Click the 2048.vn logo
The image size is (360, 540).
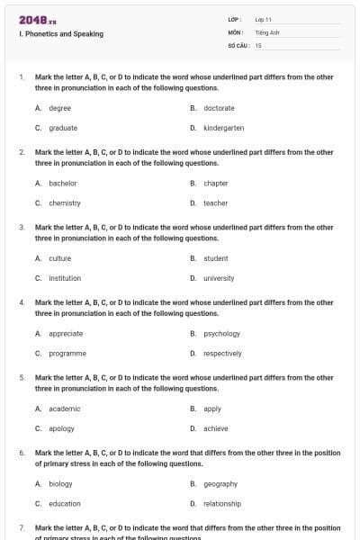[31, 19]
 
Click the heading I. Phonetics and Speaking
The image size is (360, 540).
[60, 34]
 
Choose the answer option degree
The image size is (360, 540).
[59, 108]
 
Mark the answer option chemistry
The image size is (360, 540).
[65, 203]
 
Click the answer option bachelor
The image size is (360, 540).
[62, 184]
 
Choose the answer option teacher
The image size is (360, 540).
[215, 203]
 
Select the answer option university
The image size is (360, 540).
[219, 278]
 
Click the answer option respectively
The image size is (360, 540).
[222, 354]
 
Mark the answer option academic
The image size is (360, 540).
[64, 409]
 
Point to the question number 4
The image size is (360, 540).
[22, 302]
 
